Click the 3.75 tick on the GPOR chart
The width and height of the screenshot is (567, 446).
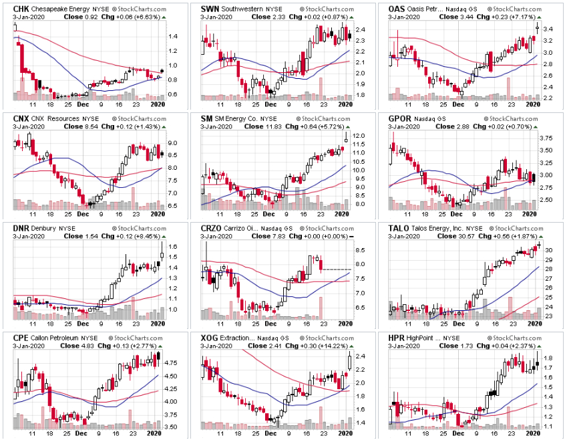(x=545, y=138)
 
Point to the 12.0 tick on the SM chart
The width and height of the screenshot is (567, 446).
(x=358, y=136)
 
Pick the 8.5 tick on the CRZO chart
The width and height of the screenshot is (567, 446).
(x=359, y=250)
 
